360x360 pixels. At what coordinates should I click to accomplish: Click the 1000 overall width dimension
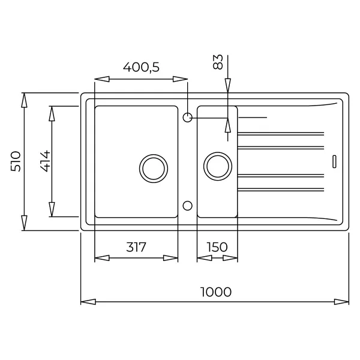coord(216,292)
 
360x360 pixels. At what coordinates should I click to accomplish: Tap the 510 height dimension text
coord(16,161)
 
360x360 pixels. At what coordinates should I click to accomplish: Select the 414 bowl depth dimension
coord(45,161)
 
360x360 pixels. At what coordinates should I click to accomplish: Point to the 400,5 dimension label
coord(141,67)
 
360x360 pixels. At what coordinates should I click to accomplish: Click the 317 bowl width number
coord(136,247)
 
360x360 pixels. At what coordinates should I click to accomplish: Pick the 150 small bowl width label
coord(217,247)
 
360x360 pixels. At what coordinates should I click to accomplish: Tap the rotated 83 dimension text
coord(218,62)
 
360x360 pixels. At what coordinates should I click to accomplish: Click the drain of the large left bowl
coord(154,169)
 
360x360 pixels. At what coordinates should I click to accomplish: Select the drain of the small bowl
coord(218,166)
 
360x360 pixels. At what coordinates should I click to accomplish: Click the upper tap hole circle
coord(188,118)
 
